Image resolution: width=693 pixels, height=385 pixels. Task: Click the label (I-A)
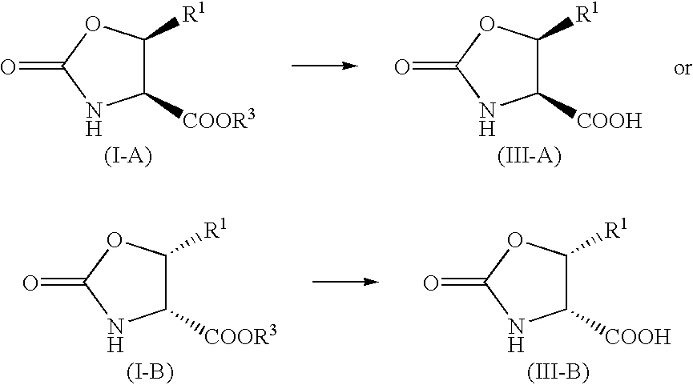coord(128,156)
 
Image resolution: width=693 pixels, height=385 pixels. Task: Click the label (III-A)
coord(530,156)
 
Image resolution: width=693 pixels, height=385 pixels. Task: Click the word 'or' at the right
coord(683,69)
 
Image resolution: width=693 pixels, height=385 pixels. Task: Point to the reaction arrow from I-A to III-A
coord(324,66)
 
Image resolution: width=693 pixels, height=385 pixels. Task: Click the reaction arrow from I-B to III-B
coord(345,281)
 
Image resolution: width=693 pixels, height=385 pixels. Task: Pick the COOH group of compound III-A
coord(609,120)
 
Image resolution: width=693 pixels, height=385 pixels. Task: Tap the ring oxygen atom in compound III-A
coord(487,26)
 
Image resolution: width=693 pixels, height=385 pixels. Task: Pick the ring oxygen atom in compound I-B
coord(115,241)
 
